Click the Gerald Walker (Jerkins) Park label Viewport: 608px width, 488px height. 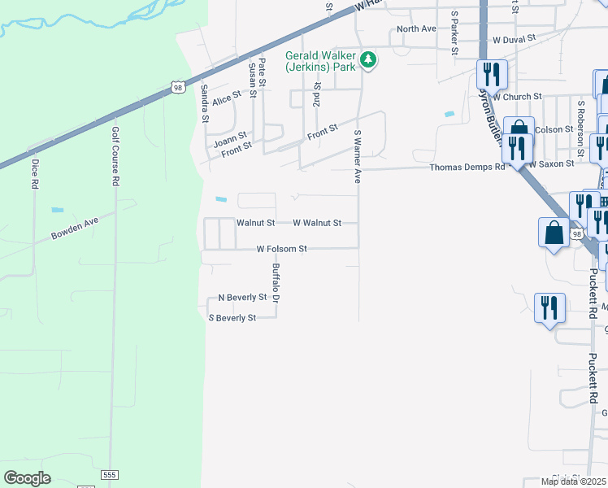320,61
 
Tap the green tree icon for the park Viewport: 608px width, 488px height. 368,59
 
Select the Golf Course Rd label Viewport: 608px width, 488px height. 115,156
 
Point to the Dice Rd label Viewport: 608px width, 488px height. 35,173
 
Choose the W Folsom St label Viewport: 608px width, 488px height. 281,249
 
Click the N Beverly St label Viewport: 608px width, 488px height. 237,298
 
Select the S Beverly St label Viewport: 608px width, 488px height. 232,318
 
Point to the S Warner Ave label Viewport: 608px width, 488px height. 357,155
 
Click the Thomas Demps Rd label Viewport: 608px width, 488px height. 467,167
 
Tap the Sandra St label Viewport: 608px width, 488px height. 205,103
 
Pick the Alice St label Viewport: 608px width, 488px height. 227,99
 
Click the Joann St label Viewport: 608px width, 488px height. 230,140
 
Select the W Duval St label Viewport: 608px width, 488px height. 514,38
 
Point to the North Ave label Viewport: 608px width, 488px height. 416,28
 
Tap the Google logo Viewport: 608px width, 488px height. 28,478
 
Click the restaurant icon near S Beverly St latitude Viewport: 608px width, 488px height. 550,308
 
